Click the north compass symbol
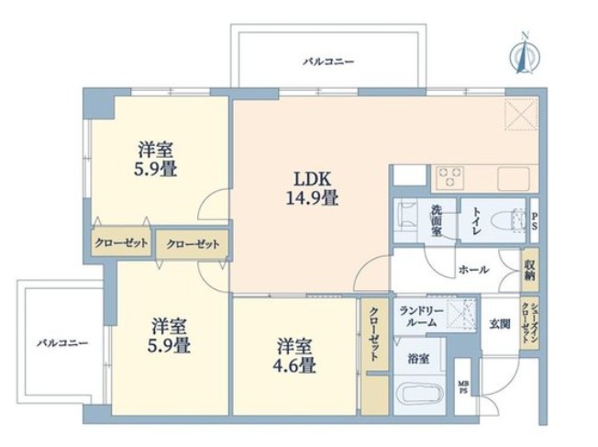point(525,54)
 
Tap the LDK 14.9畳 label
point(312,188)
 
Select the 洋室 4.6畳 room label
point(294,356)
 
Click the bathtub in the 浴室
point(419,396)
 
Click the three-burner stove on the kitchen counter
point(450,177)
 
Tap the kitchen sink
point(514,179)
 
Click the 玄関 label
point(500,324)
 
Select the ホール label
point(473,270)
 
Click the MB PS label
point(463,388)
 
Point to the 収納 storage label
point(529,269)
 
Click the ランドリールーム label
point(421,317)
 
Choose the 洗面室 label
point(437,220)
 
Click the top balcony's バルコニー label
point(328,61)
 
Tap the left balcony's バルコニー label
point(62,342)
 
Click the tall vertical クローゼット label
point(374,333)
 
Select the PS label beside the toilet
point(535,221)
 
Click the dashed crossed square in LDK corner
point(521,114)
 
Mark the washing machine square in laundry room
point(461,314)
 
